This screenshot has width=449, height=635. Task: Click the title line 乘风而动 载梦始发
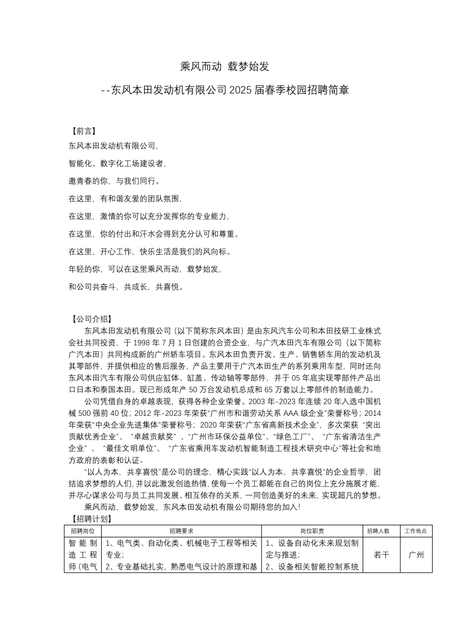[224, 66]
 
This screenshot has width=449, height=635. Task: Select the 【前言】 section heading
[83, 131]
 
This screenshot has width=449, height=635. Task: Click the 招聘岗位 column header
[83, 531]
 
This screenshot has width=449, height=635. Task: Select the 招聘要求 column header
[181, 531]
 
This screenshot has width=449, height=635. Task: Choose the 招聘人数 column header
[378, 531]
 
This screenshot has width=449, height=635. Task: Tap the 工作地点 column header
[415, 531]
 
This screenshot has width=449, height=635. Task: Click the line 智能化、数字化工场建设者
[117, 163]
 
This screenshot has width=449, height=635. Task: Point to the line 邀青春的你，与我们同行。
[115, 181]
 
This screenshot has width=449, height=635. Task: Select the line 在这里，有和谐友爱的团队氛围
[125, 199]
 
